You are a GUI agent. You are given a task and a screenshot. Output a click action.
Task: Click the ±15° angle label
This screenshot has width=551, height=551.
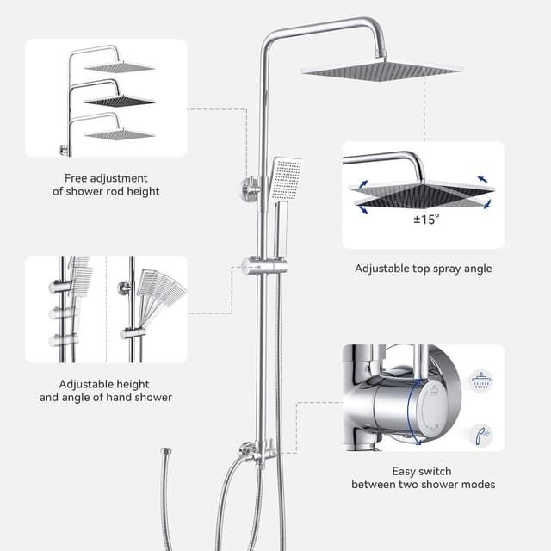(x=425, y=219)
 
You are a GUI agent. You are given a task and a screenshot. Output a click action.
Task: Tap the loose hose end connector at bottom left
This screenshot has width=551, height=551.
(x=165, y=451)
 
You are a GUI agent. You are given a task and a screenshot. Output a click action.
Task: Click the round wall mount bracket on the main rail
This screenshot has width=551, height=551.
(x=250, y=187)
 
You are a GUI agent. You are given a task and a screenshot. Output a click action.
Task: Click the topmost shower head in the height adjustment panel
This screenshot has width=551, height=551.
(x=119, y=66)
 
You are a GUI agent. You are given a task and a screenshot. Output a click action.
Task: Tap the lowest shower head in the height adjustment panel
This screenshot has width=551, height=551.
(x=119, y=133)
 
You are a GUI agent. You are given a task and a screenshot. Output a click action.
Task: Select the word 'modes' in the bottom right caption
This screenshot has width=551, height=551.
(x=477, y=485)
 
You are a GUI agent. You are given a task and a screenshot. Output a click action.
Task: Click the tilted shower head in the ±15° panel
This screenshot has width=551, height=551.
(x=421, y=194)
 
